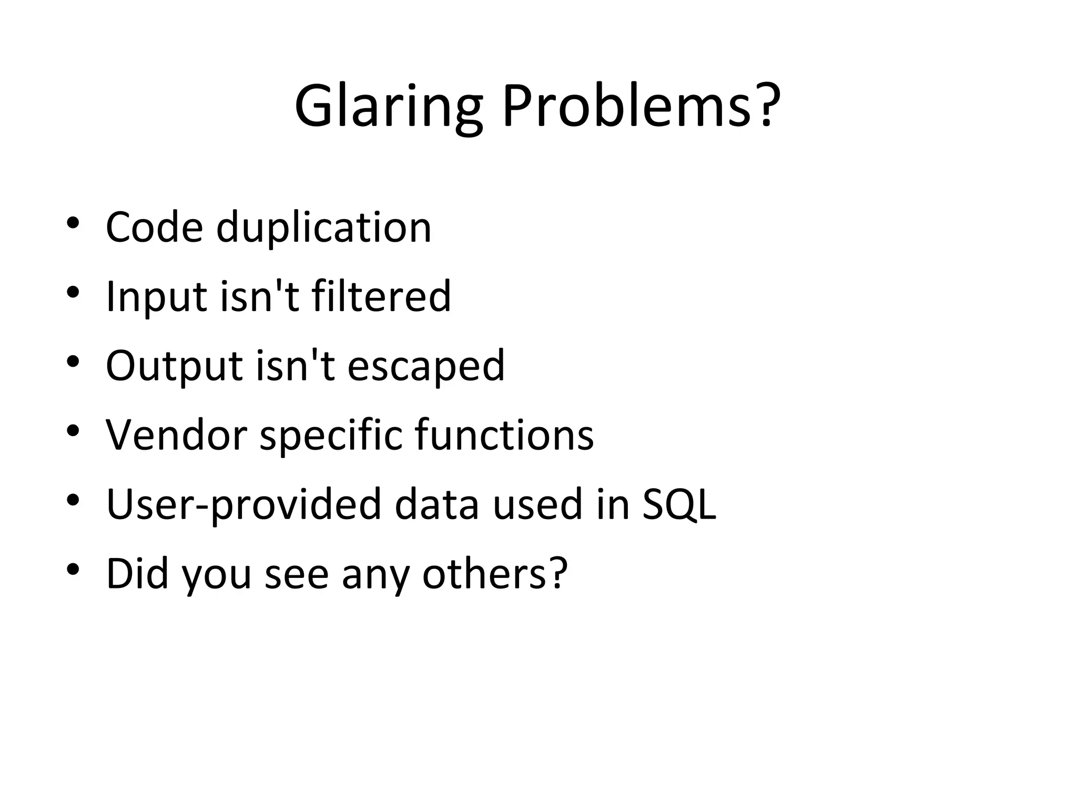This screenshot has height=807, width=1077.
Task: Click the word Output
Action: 174,366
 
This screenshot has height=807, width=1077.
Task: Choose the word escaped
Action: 426,366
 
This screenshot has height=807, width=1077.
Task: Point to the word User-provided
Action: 243,504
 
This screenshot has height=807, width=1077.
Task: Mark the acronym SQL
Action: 679,504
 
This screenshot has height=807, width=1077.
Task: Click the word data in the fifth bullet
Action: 436,504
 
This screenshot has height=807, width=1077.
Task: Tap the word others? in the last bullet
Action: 495,573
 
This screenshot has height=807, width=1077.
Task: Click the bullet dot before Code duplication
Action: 73,223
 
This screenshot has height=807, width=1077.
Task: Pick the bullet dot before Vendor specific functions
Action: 73,431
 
